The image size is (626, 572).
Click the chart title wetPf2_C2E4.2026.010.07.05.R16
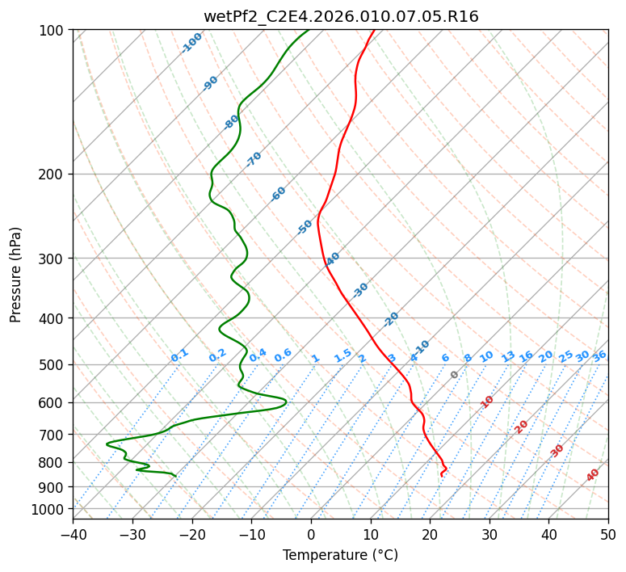341,17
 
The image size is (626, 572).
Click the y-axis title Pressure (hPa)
15,275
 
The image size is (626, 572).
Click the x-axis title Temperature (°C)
341,555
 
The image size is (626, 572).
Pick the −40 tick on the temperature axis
73,534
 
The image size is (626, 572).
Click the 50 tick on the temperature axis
608,534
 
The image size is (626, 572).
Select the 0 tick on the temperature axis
312,534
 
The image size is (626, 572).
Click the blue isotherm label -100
191,43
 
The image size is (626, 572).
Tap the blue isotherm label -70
254,159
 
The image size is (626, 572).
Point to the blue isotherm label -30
359,290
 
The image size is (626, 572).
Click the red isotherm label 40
592,475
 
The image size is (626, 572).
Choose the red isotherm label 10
486,402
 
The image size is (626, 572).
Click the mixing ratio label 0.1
179,355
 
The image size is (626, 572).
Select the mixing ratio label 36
599,357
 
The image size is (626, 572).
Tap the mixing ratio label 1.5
342,355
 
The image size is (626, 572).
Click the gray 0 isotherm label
454,375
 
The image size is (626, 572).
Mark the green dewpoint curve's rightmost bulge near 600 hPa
286,402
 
